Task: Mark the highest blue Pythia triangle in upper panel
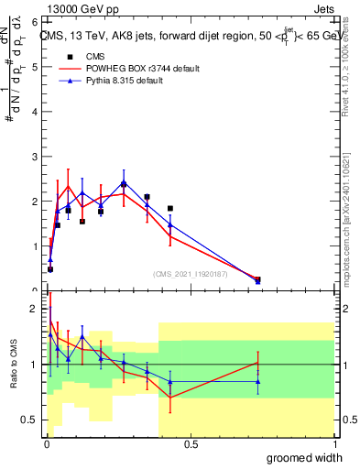[x=124, y=183]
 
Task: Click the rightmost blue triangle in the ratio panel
[x=257, y=382]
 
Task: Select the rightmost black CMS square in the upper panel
[x=257, y=279]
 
